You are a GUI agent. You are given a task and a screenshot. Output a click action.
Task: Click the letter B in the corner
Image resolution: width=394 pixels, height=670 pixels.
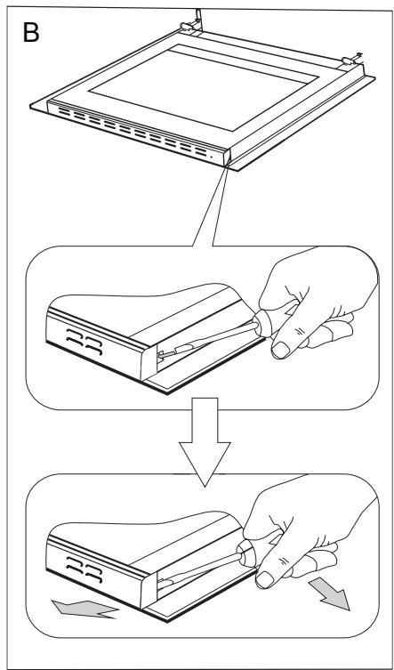click(x=31, y=32)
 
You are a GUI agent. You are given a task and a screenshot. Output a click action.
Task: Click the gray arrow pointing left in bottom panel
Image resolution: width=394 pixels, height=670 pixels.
click(x=84, y=609)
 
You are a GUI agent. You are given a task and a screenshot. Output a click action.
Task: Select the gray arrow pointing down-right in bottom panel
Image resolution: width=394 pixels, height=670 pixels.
click(x=330, y=593)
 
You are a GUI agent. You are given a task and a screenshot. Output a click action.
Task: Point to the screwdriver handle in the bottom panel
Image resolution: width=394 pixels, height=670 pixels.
click(x=248, y=553)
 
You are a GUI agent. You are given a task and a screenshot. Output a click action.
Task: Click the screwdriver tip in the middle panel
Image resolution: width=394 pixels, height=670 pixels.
click(x=162, y=354)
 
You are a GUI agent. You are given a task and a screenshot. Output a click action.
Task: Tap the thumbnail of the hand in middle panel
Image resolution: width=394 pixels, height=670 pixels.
click(x=280, y=350)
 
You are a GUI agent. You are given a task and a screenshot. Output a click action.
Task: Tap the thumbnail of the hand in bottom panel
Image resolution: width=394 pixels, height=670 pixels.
click(x=265, y=580)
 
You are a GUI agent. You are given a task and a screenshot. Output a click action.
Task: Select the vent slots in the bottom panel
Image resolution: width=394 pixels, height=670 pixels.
click(x=84, y=569)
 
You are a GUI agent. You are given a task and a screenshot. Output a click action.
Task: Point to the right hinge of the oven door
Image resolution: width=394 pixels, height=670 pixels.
click(x=351, y=60)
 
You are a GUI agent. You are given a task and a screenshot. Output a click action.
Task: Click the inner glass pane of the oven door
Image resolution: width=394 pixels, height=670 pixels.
click(x=204, y=87)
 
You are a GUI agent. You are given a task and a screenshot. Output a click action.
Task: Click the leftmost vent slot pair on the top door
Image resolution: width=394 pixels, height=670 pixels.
click(x=64, y=113)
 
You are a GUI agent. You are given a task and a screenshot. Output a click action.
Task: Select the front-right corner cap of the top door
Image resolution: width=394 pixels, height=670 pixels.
click(x=227, y=157)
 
